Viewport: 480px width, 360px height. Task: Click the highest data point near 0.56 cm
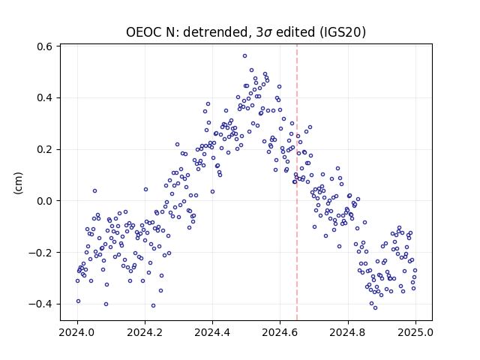click(245, 56)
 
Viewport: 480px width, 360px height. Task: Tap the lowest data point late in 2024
click(375, 308)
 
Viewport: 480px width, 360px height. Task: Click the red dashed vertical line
click(297, 182)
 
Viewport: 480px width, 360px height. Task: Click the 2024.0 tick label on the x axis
click(77, 332)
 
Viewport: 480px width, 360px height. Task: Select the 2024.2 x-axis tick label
click(145, 332)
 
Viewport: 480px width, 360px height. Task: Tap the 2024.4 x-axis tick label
click(212, 332)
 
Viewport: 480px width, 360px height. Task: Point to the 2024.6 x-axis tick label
click(280, 332)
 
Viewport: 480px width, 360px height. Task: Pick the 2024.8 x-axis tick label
click(348, 332)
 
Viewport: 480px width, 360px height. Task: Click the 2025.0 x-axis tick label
click(415, 332)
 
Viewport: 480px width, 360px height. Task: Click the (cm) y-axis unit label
click(18, 183)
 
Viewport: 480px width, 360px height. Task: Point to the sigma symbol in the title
click(268, 33)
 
